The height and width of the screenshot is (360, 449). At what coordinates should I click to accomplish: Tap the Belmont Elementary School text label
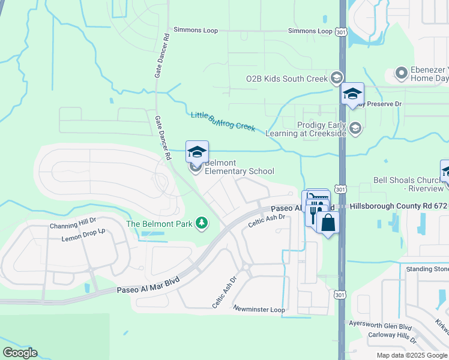[x=239, y=167]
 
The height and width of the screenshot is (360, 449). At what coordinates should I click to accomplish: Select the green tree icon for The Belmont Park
[x=202, y=224]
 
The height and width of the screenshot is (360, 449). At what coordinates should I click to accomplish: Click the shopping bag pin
[x=328, y=223]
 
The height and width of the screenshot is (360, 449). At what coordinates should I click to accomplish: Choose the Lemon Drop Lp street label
[x=83, y=235]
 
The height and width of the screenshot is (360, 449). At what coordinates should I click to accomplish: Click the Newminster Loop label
[x=259, y=310]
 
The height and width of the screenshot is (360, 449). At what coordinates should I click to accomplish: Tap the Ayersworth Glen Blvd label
[x=381, y=325]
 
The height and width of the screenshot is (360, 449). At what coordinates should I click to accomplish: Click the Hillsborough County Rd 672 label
[x=399, y=206]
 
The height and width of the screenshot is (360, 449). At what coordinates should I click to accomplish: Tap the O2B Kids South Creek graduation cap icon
[x=336, y=78]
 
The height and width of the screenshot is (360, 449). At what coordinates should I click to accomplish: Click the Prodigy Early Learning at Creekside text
[x=314, y=128]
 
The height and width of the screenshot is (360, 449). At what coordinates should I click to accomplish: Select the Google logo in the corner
[x=20, y=353]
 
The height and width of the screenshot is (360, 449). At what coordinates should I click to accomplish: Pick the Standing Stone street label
[x=427, y=269]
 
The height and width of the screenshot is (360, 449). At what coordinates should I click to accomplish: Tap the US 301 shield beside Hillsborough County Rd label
[x=340, y=190]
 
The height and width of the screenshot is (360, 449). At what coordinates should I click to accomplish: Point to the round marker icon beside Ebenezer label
[x=402, y=74]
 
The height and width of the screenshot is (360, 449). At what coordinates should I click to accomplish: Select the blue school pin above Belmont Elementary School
[x=196, y=152]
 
